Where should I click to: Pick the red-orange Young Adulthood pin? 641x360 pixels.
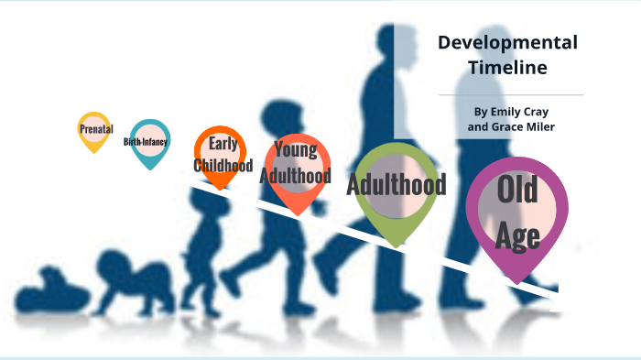tap(296, 170)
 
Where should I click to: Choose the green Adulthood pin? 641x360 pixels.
tap(396, 187)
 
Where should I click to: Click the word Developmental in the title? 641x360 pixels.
tap(507, 42)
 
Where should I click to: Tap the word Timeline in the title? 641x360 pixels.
tap(507, 67)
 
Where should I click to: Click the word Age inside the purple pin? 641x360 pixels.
tap(517, 237)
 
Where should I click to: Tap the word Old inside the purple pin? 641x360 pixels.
tap(517, 193)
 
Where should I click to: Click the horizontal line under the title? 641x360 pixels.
tap(510, 94)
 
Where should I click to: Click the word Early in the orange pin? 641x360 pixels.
tap(223, 143)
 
